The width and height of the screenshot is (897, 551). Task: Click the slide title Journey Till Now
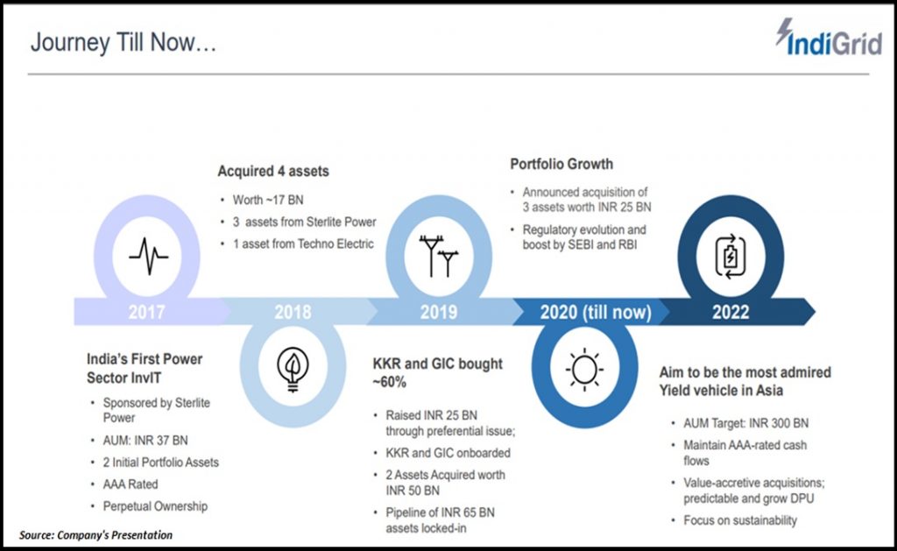[124, 42]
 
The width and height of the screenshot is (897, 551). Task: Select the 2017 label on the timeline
[146, 312]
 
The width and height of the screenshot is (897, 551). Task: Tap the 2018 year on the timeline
[293, 312]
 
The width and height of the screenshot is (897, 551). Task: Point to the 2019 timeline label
[439, 312]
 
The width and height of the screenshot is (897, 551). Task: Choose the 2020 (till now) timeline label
[596, 312]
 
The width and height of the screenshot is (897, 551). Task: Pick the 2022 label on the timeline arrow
[731, 312]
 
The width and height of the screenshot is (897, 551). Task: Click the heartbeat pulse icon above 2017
[148, 256]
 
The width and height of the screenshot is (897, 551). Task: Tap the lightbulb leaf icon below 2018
[293, 369]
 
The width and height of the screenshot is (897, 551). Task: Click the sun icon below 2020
[584, 369]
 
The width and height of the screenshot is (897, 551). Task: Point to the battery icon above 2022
[731, 257]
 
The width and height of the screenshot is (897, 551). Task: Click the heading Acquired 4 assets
[273, 171]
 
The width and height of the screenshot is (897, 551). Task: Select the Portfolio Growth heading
[562, 164]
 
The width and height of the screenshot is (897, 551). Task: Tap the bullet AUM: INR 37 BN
[145, 440]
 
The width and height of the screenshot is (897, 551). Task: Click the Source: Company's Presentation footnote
[95, 535]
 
